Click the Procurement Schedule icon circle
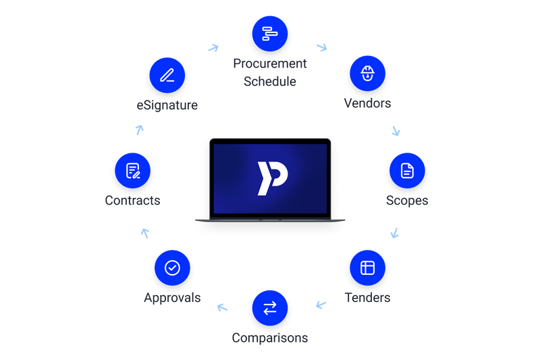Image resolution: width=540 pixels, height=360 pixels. tap(270, 34)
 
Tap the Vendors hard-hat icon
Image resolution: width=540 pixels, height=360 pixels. tap(367, 74)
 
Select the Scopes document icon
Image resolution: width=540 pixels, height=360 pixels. tap(407, 170)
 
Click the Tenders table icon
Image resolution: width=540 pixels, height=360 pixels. tap(367, 267)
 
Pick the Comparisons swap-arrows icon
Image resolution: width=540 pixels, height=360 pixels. tap(270, 308)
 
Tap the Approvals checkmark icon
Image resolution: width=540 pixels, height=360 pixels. tap(172, 267)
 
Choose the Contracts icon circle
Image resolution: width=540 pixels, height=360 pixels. tap(132, 170)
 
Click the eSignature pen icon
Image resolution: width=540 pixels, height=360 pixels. tap(167, 75)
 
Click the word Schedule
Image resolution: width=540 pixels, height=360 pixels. tap(270, 82)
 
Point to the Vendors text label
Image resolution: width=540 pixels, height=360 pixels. tap(367, 103)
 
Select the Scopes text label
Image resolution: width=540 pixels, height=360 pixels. tap(407, 201)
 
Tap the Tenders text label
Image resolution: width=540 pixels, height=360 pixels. tap(367, 298)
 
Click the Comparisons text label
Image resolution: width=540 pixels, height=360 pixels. tap(270, 338)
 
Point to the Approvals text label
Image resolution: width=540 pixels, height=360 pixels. tap(172, 298)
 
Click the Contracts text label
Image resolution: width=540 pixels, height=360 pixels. tap(132, 201)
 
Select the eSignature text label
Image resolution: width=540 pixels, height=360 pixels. tap(167, 105)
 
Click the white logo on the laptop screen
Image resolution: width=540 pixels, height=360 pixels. tap(273, 178)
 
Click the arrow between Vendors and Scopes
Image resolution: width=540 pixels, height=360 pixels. tap(396, 131)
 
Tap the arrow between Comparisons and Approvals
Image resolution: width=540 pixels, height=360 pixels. tap(222, 307)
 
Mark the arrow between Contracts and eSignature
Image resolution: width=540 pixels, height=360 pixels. tap(140, 130)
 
